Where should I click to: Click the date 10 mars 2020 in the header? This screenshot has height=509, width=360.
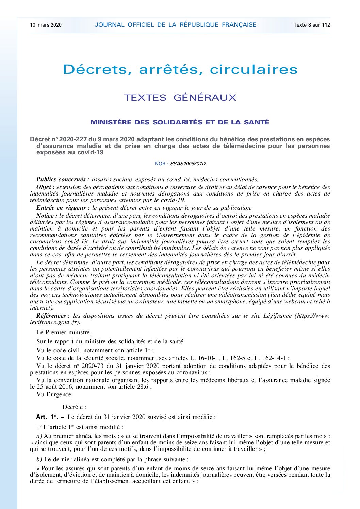click(x=46, y=25)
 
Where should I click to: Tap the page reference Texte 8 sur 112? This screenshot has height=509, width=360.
click(x=312, y=25)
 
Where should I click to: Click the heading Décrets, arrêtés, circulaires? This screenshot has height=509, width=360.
click(x=180, y=70)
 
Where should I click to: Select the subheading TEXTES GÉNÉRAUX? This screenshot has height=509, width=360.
click(x=180, y=98)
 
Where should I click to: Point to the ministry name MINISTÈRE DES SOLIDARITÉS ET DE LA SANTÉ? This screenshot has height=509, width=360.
click(x=180, y=122)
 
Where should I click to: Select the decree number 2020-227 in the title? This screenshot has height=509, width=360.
click(x=73, y=139)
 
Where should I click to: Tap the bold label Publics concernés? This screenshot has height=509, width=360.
click(x=63, y=179)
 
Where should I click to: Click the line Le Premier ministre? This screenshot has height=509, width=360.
click(x=64, y=332)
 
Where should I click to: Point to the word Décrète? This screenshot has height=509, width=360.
click(x=74, y=407)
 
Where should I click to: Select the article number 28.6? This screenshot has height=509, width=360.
click(x=143, y=387)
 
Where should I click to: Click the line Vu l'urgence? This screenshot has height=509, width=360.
click(x=54, y=394)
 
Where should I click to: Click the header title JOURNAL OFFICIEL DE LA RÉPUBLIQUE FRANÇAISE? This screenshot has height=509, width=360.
click(x=176, y=25)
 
